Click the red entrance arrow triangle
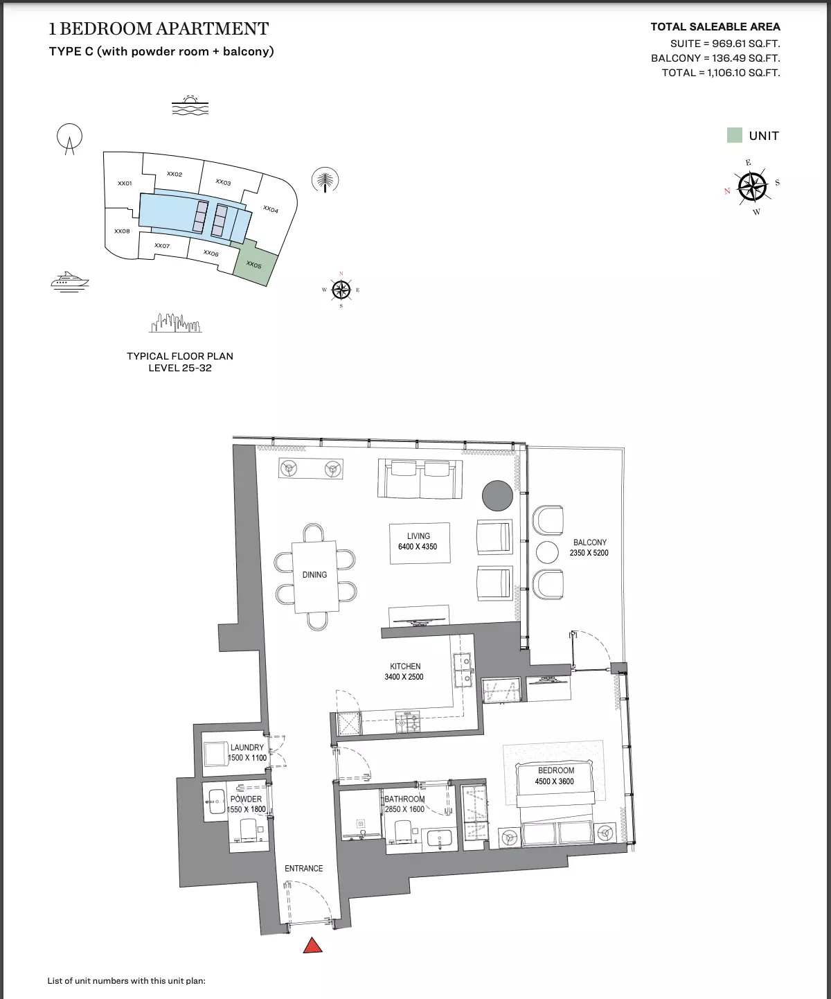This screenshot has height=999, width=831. click(x=312, y=945)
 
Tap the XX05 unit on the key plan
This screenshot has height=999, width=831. click(x=255, y=264)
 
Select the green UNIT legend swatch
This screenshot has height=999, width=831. click(x=734, y=135)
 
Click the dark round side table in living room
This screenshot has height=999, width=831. click(x=497, y=495)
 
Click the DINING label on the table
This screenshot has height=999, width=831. click(x=314, y=574)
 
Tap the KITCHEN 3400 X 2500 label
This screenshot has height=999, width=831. click(x=404, y=671)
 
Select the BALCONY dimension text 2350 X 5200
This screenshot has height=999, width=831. click(x=589, y=553)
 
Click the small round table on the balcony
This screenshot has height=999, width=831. click(x=547, y=552)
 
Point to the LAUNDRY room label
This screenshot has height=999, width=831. click(x=247, y=748)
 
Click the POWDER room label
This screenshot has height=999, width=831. click(x=246, y=799)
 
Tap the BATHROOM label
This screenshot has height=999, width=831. click(x=404, y=799)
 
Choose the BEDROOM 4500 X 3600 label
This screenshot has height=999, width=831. click(x=555, y=775)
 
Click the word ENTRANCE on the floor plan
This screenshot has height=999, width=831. click(x=304, y=868)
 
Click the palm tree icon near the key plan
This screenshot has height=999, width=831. click(x=325, y=180)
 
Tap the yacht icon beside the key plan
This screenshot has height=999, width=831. click(x=70, y=281)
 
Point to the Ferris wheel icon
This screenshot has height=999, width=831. click(x=69, y=139)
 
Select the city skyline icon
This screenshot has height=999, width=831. click(x=175, y=323)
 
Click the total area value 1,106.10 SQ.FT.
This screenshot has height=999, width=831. click(x=744, y=73)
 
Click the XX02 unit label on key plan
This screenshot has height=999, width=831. click(x=174, y=174)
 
